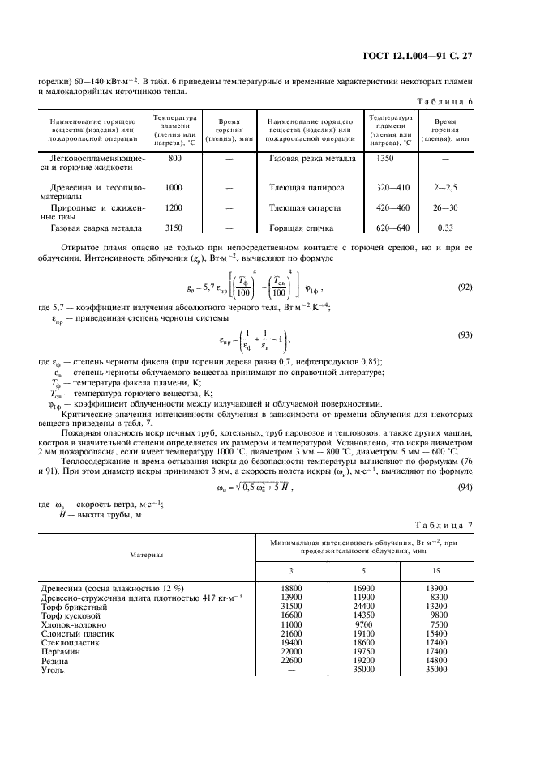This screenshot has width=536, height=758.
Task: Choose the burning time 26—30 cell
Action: [x=446, y=207]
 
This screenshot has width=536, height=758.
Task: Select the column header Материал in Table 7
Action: [x=147, y=555]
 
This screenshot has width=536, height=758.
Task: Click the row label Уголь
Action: [x=50, y=671]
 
